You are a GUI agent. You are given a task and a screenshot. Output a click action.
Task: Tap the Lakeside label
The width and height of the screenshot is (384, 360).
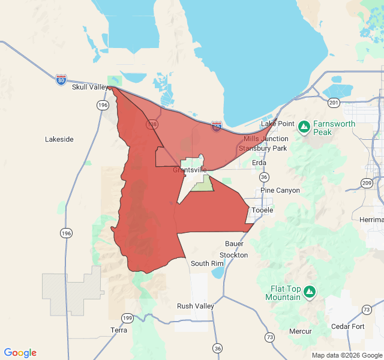click(x=59, y=139)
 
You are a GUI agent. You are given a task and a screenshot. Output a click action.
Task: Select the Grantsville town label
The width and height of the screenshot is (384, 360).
click(x=190, y=170)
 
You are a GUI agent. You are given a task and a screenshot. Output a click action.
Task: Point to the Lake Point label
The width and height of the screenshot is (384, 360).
click(x=278, y=124)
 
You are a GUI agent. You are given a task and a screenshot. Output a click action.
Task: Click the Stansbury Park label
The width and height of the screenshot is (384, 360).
click(x=263, y=148)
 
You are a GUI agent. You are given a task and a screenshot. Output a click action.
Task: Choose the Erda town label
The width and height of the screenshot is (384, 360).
click(x=259, y=163)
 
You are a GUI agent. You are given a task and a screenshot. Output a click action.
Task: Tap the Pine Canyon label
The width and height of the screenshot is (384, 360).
click(x=280, y=191)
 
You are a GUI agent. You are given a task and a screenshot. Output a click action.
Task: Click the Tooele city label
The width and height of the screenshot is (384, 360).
click(x=262, y=210)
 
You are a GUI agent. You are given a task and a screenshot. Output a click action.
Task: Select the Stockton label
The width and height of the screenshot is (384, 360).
click(x=233, y=255)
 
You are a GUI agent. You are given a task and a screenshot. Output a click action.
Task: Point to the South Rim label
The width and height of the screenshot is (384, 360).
click(x=208, y=263)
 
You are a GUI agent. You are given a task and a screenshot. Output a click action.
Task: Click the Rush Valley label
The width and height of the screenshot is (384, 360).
click(x=196, y=306)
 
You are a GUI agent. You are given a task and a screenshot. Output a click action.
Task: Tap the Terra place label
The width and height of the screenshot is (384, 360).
click(x=119, y=330)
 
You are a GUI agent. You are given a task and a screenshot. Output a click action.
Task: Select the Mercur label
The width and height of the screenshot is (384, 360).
click(x=300, y=331)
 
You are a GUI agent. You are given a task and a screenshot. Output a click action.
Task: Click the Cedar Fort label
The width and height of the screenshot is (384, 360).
click(x=347, y=326)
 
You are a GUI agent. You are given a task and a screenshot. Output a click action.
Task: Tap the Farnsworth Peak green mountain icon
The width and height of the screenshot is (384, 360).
click(x=304, y=127)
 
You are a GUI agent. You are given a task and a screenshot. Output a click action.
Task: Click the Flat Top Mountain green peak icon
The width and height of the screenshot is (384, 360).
click(x=310, y=292)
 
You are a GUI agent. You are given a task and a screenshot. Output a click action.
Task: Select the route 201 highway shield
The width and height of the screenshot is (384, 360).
click(x=334, y=103)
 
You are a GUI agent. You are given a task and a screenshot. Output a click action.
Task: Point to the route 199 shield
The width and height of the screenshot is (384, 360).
click(x=127, y=317)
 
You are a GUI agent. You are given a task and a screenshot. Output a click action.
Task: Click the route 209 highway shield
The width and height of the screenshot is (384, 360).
click(x=367, y=182)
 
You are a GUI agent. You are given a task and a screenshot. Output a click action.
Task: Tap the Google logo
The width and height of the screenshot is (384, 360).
click(x=20, y=353)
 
